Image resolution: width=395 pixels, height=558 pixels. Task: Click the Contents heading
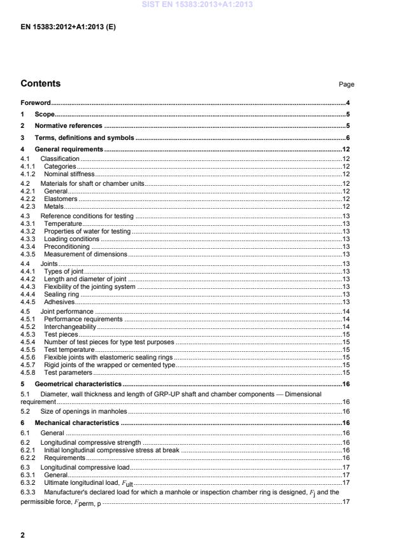pyautogui.click(x=41, y=83)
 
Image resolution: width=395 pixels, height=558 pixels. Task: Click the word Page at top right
pyautogui.click(x=347, y=84)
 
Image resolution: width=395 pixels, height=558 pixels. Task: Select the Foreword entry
pyautogui.click(x=36, y=102)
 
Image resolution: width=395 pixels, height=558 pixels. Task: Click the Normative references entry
pyautogui.click(x=69, y=125)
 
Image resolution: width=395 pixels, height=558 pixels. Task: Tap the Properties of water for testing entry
pyautogui.click(x=87, y=231)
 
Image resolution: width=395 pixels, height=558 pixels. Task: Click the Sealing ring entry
pyautogui.click(x=62, y=295)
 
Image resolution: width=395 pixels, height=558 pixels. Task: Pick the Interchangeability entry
pyautogui.click(x=70, y=326)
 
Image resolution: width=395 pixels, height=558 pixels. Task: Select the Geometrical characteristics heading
pyautogui.click(x=78, y=384)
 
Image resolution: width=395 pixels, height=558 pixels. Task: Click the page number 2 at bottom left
pyautogui.click(x=23, y=535)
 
